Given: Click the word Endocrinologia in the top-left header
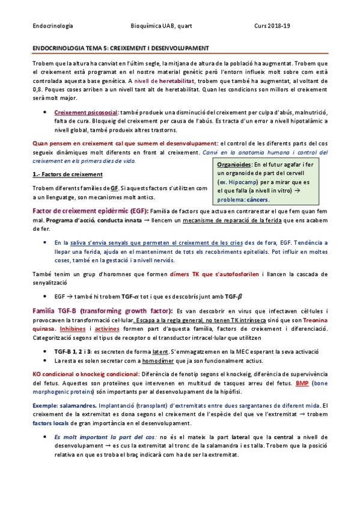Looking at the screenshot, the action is click(52, 26).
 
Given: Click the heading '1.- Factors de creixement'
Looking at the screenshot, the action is click(67, 175).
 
